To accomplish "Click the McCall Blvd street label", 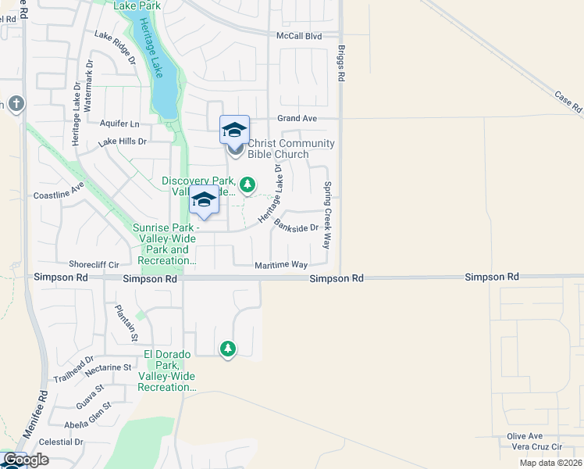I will coord(299,36).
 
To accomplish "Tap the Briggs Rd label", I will coord(341,63).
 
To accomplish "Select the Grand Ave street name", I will coord(297,118).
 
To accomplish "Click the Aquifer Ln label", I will coord(119,124).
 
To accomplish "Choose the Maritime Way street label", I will coord(281,266).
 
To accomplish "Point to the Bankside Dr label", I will coord(297,224).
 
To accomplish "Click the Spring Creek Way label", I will coord(328,205).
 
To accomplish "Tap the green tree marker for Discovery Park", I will coord(247,184).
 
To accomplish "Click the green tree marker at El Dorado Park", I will coord(227,348).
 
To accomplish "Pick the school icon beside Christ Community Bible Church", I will coord(234,130).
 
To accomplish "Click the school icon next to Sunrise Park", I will coord(204,199).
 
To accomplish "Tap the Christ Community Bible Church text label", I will coord(290,149).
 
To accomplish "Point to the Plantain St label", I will coord(126,323).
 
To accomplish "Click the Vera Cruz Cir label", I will coord(536,446).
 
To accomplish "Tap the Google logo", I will coord(25,460).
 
